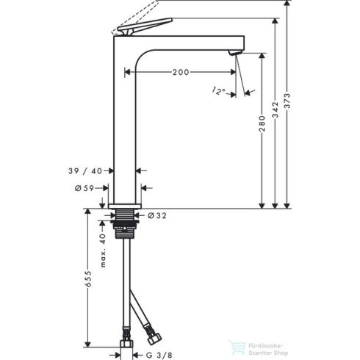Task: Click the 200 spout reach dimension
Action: coord(181,73)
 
